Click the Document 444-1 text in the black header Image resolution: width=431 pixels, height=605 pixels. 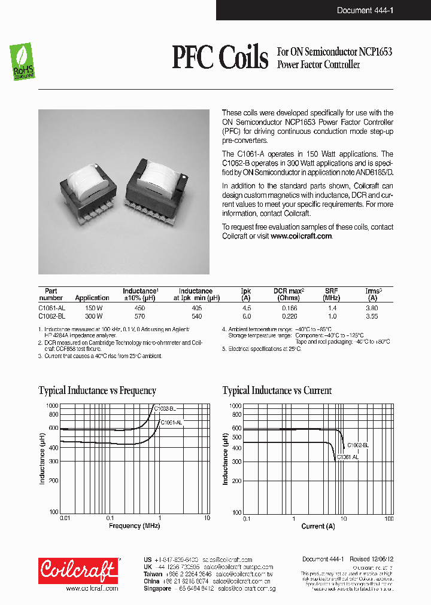pos(365,10)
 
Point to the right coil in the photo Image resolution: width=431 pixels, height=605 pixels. pos(159,182)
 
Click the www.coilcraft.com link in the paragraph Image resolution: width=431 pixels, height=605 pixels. pos(301,236)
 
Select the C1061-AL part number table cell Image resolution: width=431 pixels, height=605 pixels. pos(51,308)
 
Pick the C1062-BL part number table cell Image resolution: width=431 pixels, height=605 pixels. pos(51,316)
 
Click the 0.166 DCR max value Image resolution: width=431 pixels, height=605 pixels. pos(289,308)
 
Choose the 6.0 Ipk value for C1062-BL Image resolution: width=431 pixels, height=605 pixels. pos(245,316)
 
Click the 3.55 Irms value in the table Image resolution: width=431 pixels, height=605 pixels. pos(372,316)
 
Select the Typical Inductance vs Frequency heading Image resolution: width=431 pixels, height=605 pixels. pos(97,391)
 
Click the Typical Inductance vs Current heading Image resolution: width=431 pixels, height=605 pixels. pos(277,391)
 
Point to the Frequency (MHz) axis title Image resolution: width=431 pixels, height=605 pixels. pos(133,526)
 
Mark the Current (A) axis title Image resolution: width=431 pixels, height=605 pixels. pos(314,526)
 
